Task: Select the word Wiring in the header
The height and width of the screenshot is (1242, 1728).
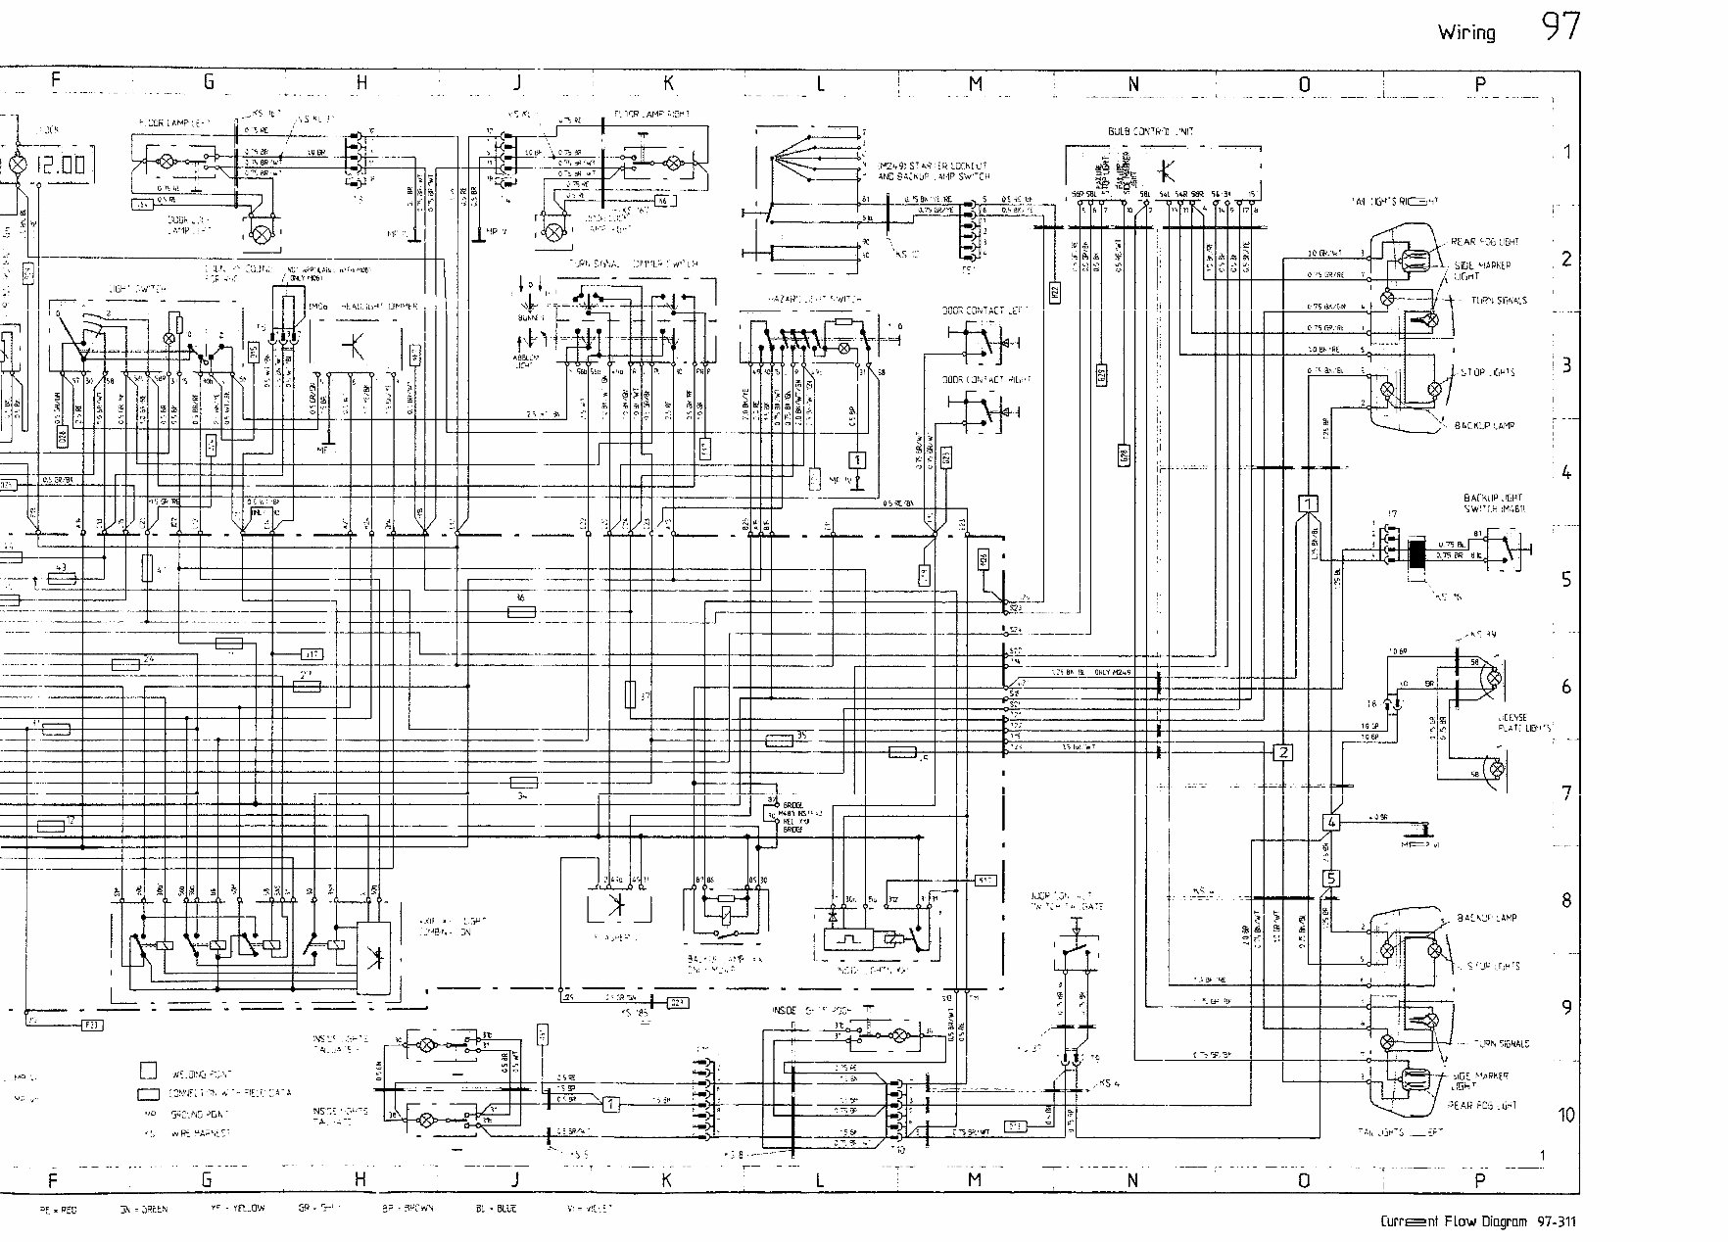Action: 1466,32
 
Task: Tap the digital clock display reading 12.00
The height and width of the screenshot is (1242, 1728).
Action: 61,165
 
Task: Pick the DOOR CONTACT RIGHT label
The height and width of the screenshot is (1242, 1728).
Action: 975,379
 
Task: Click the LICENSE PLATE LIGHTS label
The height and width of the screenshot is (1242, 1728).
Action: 1523,722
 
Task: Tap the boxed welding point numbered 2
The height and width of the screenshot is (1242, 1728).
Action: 1282,752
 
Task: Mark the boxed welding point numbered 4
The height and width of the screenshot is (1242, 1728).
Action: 1331,823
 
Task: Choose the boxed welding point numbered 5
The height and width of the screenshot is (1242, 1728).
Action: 1330,879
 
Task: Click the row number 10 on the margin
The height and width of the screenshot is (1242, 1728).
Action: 1567,1115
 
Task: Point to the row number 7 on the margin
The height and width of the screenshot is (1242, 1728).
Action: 1566,792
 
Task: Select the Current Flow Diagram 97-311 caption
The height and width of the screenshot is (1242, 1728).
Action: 1479,1221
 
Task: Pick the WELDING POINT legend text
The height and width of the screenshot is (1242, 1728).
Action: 201,1074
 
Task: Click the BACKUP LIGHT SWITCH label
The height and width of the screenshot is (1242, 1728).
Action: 1491,502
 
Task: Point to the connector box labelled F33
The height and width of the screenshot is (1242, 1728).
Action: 89,1026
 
